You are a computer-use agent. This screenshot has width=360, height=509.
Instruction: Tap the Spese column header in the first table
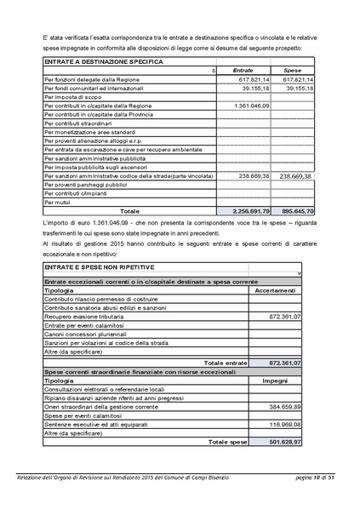(292, 71)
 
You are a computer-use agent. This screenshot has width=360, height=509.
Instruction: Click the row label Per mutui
(57, 202)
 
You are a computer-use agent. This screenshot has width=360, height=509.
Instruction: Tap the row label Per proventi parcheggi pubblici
(85, 184)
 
